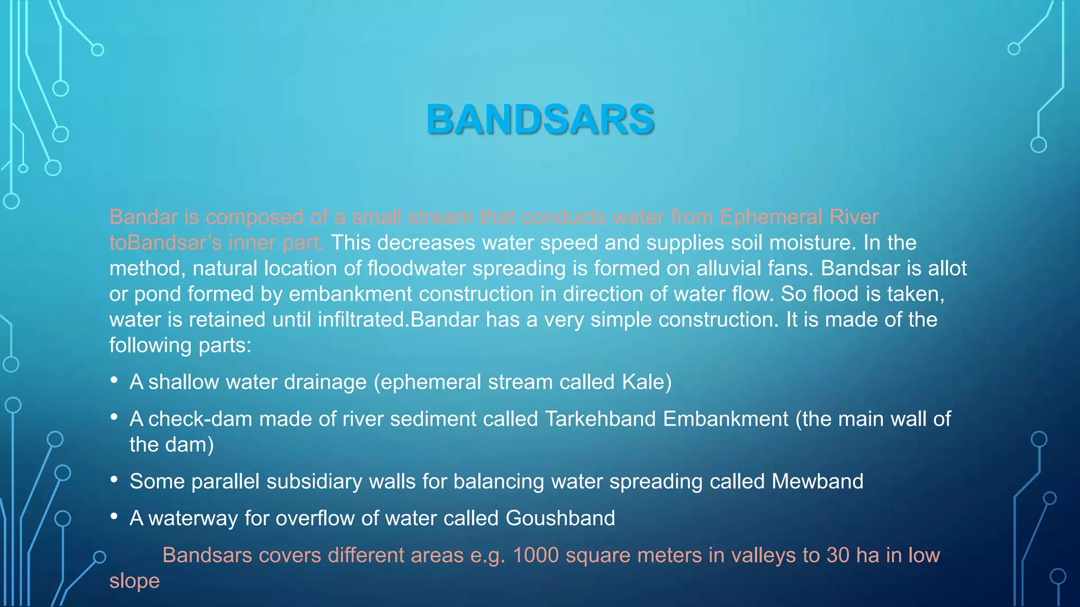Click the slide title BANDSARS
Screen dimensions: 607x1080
(x=540, y=120)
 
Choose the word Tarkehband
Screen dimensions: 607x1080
(x=600, y=419)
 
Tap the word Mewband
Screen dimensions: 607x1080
(x=817, y=482)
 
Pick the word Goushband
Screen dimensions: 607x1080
(x=560, y=518)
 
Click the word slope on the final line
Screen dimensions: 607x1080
(x=134, y=581)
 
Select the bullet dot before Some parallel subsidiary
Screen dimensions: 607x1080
(x=114, y=479)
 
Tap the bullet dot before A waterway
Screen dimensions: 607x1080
(x=114, y=516)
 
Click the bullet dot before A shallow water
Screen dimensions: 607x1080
(x=114, y=380)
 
